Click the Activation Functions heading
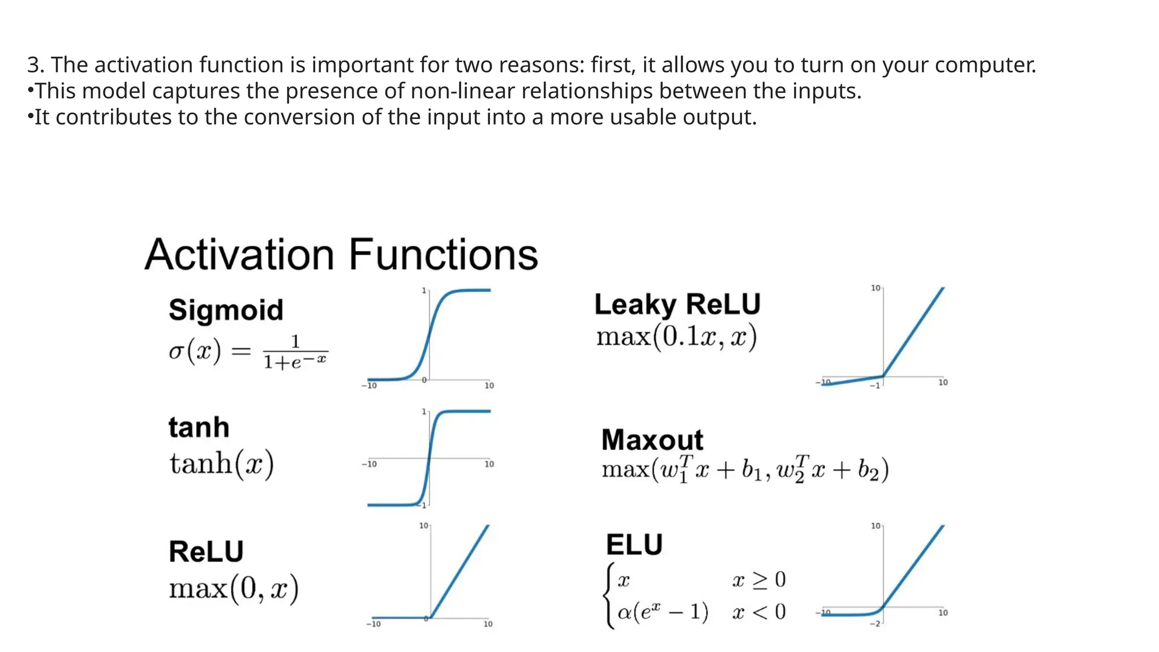(x=341, y=255)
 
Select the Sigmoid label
(x=226, y=310)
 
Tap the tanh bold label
(x=199, y=427)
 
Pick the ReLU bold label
(x=206, y=551)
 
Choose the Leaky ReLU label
(x=677, y=304)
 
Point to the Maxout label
(x=652, y=440)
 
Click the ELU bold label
(x=634, y=544)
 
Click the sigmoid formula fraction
(x=295, y=352)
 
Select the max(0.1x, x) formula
(x=676, y=337)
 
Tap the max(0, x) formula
(x=233, y=589)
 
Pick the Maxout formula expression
(x=745, y=469)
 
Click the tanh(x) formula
(x=221, y=464)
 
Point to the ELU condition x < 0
(x=758, y=612)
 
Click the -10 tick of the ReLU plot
(x=373, y=624)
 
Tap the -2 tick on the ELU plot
(x=875, y=623)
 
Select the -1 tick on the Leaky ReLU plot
(x=875, y=385)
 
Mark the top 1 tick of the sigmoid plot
(x=424, y=290)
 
